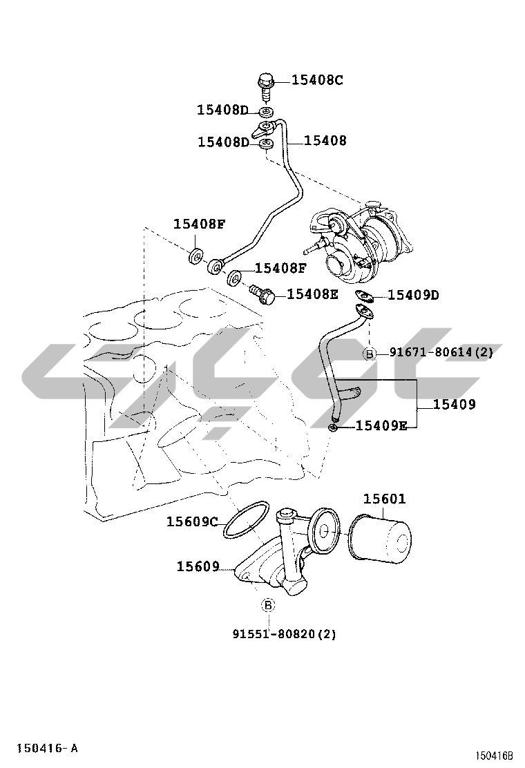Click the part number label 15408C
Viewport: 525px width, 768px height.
(x=317, y=80)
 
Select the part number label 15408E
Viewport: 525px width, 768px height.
(x=312, y=294)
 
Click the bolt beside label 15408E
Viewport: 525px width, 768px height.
(x=262, y=295)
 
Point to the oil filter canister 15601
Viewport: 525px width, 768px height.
(x=381, y=537)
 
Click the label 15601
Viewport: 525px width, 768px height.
(x=385, y=499)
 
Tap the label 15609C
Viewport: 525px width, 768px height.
(x=191, y=522)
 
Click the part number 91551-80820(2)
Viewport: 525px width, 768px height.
(x=285, y=634)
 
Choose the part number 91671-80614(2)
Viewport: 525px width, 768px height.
(x=441, y=352)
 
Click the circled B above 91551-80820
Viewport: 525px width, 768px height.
(x=267, y=606)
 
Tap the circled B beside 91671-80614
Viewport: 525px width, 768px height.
(x=370, y=353)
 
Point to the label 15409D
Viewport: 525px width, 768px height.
(x=413, y=296)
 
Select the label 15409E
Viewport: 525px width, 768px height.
(x=381, y=425)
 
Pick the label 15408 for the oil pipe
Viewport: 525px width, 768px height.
(x=325, y=141)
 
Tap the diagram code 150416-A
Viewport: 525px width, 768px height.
(x=48, y=749)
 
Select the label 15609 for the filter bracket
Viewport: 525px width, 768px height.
(x=198, y=567)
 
